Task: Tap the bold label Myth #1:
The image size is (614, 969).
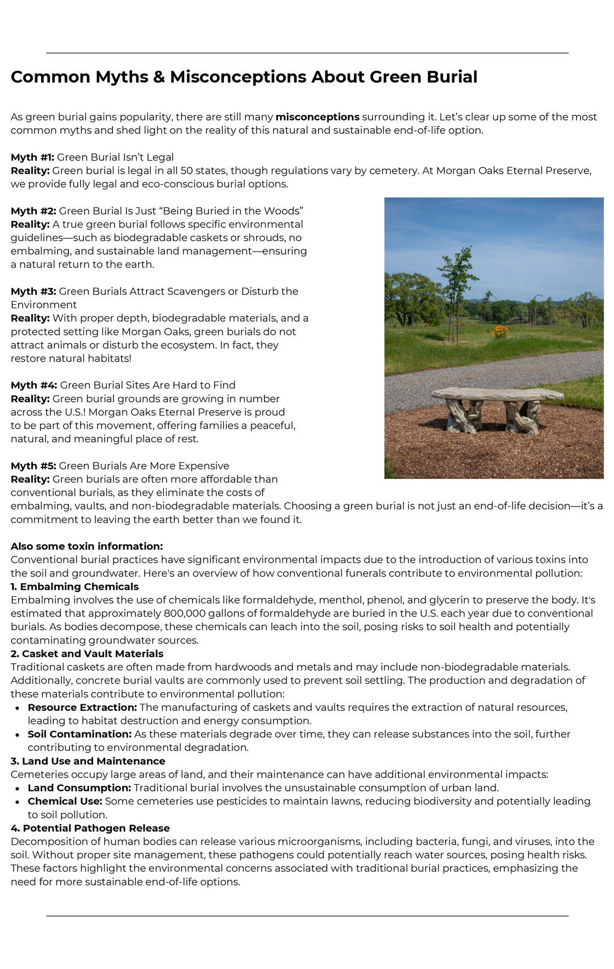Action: [x=32, y=157]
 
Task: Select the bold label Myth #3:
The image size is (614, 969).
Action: [x=33, y=292]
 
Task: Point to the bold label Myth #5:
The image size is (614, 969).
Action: [x=33, y=466]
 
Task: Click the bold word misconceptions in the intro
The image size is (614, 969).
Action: [x=317, y=117]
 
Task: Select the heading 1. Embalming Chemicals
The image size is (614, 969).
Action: [x=75, y=586]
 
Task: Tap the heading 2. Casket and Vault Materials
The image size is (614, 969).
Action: [x=87, y=654]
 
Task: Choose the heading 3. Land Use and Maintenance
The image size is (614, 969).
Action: [x=88, y=761]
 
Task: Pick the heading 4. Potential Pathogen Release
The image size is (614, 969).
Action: [x=90, y=828]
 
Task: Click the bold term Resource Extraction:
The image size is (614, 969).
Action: [x=82, y=708]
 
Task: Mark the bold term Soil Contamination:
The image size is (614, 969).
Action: [x=79, y=734]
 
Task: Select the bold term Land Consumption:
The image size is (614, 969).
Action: [x=79, y=788]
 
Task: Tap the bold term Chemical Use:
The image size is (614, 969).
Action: [x=65, y=801]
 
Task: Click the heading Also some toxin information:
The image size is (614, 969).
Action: [x=87, y=546]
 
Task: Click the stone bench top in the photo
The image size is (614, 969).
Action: [x=497, y=394]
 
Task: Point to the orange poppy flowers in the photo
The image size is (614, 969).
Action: [x=499, y=330]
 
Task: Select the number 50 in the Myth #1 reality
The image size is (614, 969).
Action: [x=186, y=171]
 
